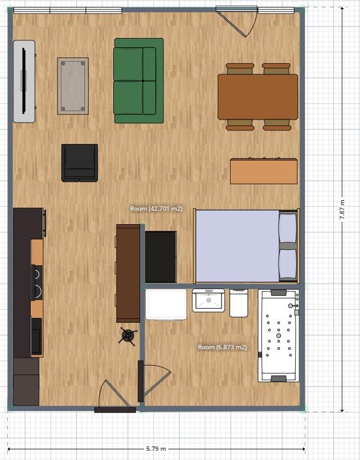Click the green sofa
138,80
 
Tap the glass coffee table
73,86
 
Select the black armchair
80,163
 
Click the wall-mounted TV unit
24,81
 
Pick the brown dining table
258,97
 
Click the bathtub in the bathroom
279,335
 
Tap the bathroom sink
208,300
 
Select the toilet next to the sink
239,303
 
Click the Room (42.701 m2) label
156,209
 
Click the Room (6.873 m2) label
222,347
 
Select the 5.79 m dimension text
156,449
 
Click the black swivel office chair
128,335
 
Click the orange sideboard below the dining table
264,171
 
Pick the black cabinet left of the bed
160,256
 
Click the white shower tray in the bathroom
166,304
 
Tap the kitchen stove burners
37,283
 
